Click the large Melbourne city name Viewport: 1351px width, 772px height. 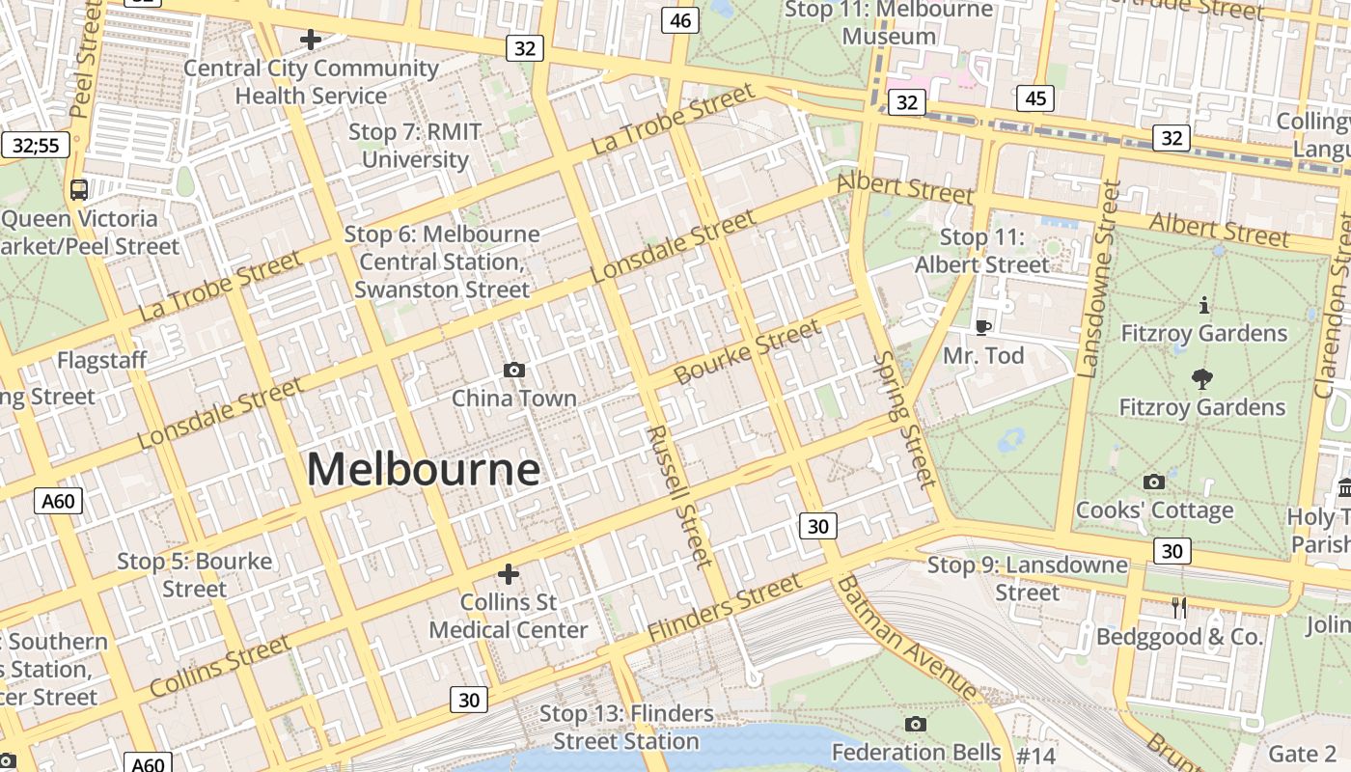(x=423, y=470)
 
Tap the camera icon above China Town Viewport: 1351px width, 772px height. (x=514, y=370)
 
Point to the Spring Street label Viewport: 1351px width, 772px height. (x=904, y=419)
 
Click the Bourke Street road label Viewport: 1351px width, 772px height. (x=748, y=351)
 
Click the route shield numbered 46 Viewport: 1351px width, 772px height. (x=680, y=20)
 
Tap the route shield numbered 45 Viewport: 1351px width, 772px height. (x=1035, y=98)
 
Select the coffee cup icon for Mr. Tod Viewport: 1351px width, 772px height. (x=983, y=327)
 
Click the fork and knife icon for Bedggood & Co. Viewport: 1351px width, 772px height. (x=1178, y=607)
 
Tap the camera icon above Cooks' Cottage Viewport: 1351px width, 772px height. (x=1153, y=482)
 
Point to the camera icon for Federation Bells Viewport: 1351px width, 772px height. (x=916, y=724)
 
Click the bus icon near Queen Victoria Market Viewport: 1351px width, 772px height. (x=79, y=189)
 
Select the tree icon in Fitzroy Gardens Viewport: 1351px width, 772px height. (x=1202, y=378)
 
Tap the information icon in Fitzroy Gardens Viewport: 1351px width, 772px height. (x=1203, y=306)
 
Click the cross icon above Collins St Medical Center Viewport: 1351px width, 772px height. (x=509, y=574)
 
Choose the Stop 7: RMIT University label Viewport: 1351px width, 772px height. (x=414, y=146)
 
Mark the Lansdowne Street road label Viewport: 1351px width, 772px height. (x=1097, y=280)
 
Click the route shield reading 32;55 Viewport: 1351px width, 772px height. (x=36, y=146)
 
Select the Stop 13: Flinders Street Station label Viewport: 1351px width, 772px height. (x=626, y=728)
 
